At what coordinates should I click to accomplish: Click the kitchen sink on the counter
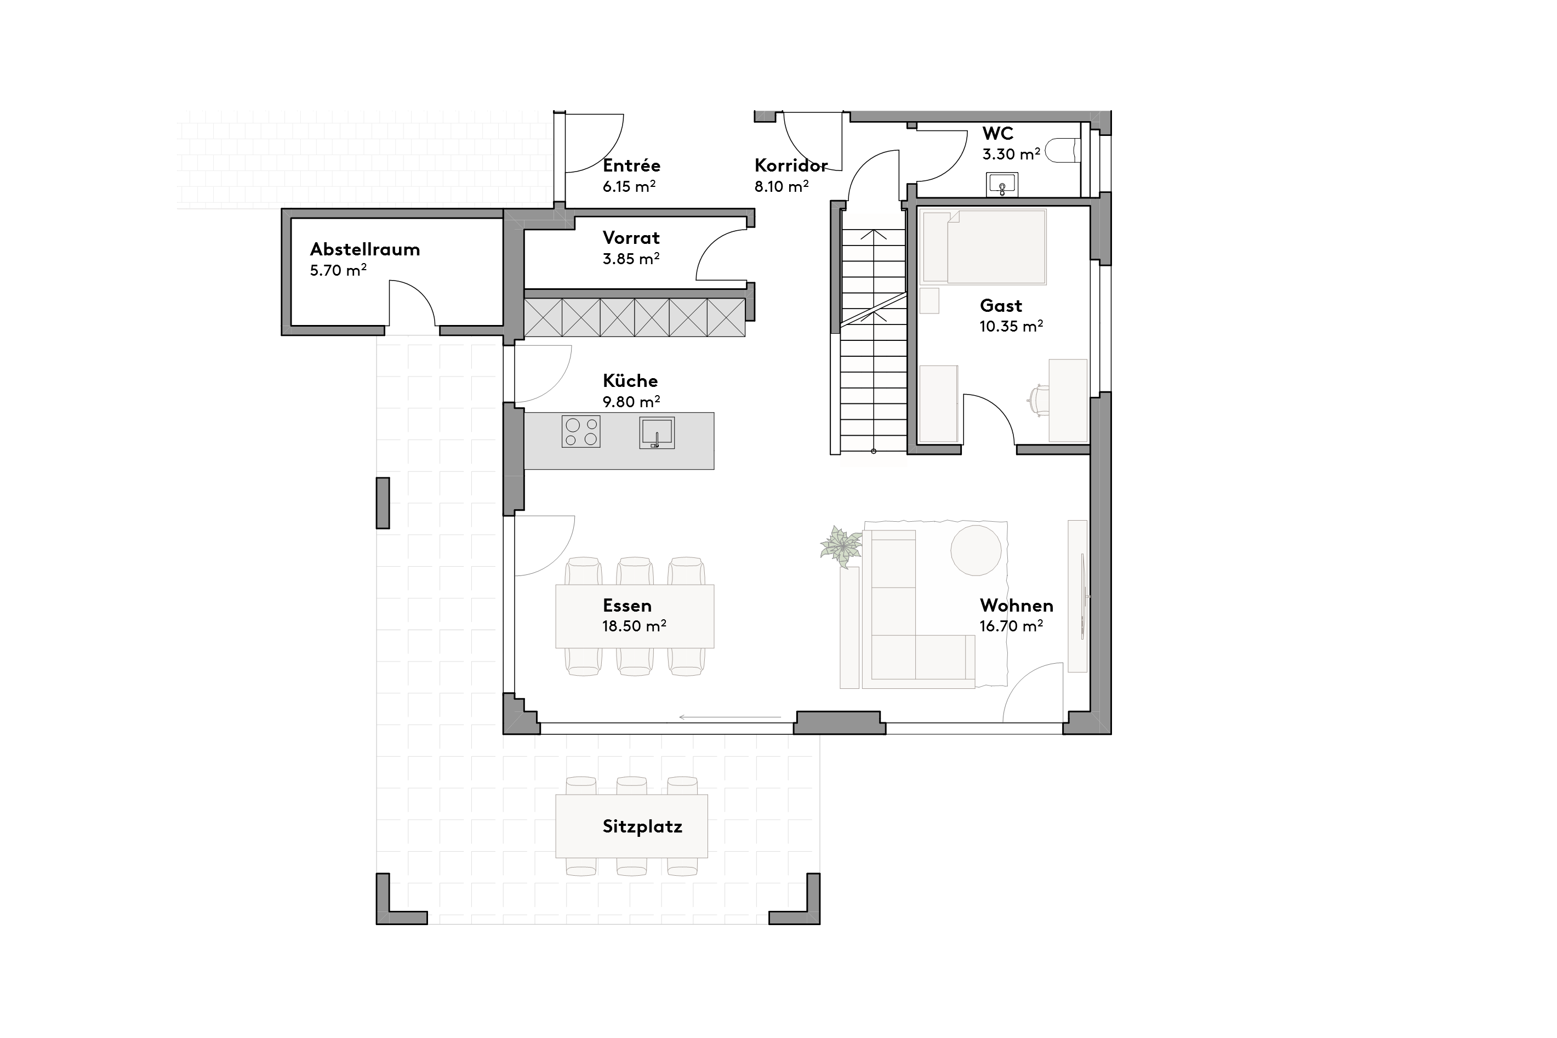click(657, 432)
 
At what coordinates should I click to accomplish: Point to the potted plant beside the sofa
click(841, 547)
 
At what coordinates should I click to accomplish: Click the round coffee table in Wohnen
click(975, 550)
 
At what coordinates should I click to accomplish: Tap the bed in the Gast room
click(984, 247)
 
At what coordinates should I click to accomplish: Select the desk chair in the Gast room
click(1039, 401)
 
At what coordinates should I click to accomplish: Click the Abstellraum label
click(365, 249)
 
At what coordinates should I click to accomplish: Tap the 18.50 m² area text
click(634, 626)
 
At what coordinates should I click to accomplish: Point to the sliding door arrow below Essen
click(729, 717)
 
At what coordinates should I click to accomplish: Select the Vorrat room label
click(631, 238)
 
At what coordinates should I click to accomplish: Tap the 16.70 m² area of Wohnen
click(1011, 626)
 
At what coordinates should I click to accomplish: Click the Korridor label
click(790, 166)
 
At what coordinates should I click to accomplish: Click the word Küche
click(630, 381)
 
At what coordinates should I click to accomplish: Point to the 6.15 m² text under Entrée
click(628, 187)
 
